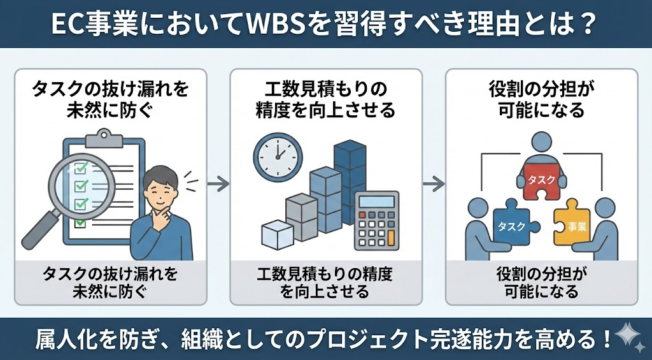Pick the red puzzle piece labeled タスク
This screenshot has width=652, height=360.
(x=541, y=182)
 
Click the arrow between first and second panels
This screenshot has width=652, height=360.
(x=218, y=184)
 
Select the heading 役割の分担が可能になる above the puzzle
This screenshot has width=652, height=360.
(x=541, y=99)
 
